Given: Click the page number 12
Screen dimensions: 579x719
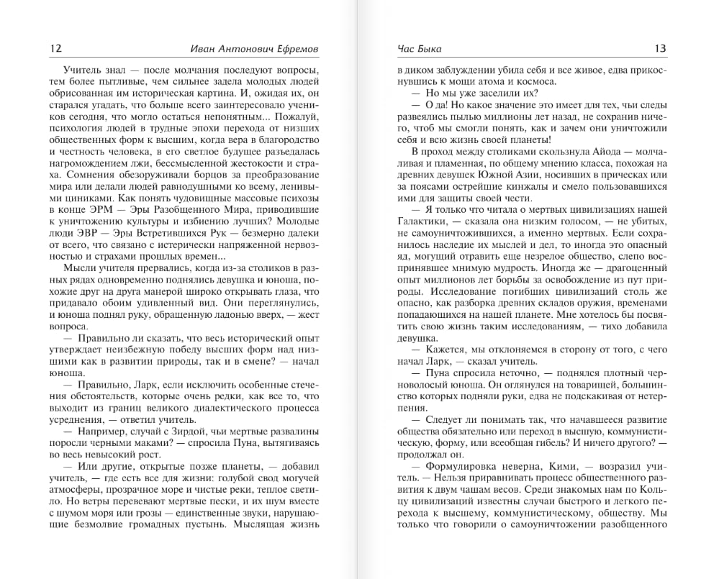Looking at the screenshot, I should click(55, 49).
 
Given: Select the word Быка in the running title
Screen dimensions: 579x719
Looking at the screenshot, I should click(429, 49).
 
